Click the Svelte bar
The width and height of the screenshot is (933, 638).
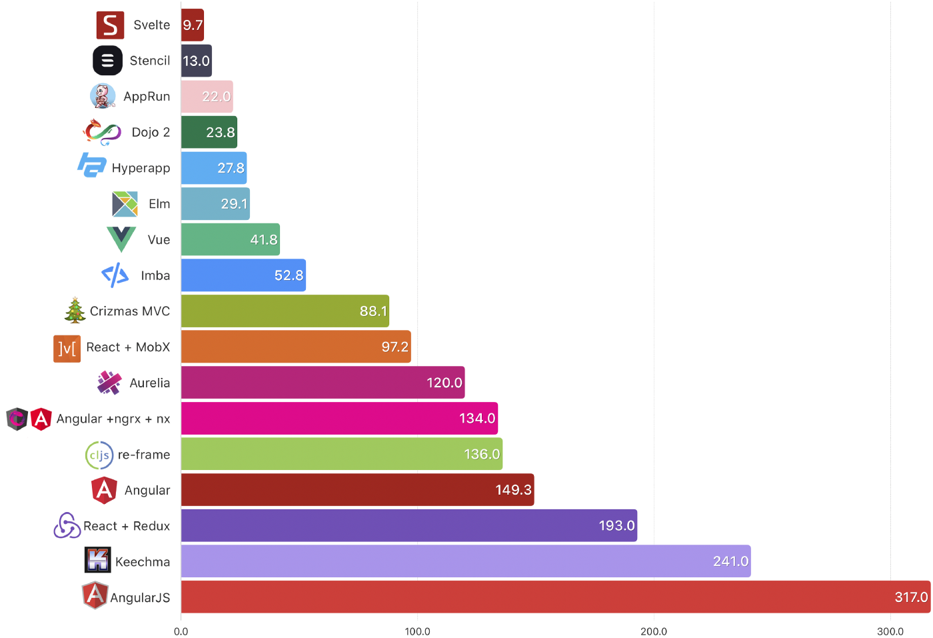(192, 25)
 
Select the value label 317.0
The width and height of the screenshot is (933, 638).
(911, 597)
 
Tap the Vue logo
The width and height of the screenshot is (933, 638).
(121, 239)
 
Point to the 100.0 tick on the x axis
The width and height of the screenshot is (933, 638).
(418, 631)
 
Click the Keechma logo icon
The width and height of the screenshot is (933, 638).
(98, 560)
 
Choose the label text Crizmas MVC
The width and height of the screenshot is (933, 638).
(130, 311)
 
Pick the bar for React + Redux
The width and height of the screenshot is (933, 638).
(409, 525)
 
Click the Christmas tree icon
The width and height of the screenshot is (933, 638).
(75, 311)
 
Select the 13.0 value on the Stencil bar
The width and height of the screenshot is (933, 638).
(196, 61)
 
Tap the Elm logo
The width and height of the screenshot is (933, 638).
(125, 204)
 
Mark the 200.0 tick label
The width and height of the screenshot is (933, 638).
(654, 631)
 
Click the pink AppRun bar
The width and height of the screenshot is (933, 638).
(207, 97)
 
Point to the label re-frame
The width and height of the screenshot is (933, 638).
(144, 455)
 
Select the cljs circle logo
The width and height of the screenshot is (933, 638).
(99, 455)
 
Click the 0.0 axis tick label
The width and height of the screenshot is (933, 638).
(181, 631)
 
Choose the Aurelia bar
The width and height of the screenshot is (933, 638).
(323, 383)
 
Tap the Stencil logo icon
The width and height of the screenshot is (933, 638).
(108, 61)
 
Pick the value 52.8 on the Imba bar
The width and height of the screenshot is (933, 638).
(289, 275)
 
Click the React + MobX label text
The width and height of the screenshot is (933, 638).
(128, 347)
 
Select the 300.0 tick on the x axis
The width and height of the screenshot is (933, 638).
(890, 631)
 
